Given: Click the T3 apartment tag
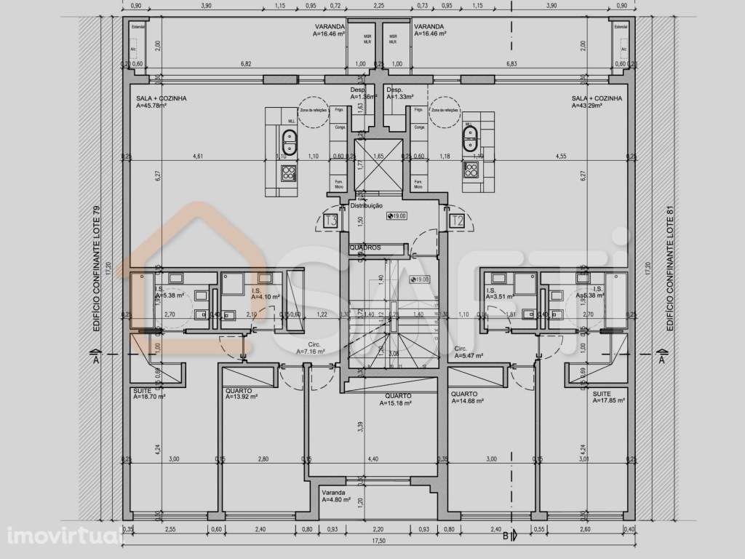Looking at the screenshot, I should (331, 221).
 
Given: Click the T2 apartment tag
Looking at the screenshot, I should (458, 221).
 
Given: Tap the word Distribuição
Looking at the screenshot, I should (367, 206).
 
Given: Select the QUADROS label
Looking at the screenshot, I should (365, 247).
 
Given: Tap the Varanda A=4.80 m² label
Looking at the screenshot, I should (336, 496).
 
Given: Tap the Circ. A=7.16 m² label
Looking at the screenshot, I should (314, 348).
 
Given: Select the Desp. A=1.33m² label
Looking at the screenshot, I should (399, 93).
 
